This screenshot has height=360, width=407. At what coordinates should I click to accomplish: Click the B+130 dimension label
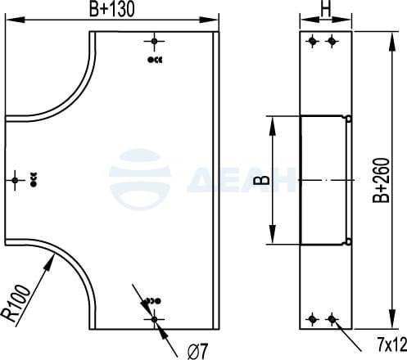click(x=112, y=9)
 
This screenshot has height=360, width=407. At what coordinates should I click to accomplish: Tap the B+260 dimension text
click(x=381, y=180)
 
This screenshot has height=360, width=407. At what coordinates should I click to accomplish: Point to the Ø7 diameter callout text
click(x=198, y=351)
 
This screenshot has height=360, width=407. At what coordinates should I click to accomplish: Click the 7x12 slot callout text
click(x=392, y=345)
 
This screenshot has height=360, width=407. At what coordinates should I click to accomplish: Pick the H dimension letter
click(x=326, y=9)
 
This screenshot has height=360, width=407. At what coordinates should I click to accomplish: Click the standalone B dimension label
click(x=261, y=180)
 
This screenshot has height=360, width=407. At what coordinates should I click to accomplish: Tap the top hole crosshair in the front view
click(x=154, y=42)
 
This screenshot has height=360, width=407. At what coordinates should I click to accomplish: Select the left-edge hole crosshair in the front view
click(x=15, y=180)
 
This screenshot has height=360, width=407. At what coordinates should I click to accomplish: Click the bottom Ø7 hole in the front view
click(x=154, y=319)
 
